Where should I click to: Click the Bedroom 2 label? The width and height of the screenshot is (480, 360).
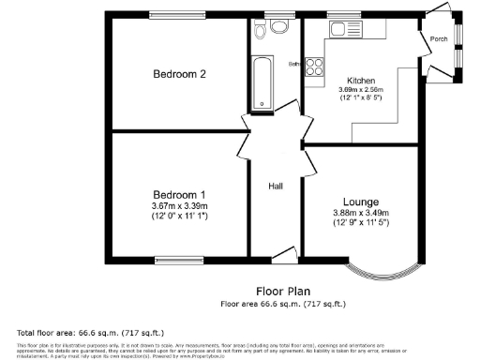tap(179, 74)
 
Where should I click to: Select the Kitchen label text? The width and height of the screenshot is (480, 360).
tap(361, 81)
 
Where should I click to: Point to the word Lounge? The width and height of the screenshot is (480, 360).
tap(360, 202)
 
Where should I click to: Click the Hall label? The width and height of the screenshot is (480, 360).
tap(277, 185)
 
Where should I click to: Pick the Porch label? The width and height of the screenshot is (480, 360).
tap(438, 39)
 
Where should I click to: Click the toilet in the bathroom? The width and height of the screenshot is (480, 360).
tap(259, 29)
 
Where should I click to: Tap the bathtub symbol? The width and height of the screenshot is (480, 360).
tap(262, 82)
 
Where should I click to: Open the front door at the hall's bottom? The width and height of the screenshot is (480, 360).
tap(282, 253)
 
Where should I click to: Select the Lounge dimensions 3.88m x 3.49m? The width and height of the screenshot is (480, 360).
tap(360, 213)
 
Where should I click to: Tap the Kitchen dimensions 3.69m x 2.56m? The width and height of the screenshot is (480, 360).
tap(361, 90)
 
